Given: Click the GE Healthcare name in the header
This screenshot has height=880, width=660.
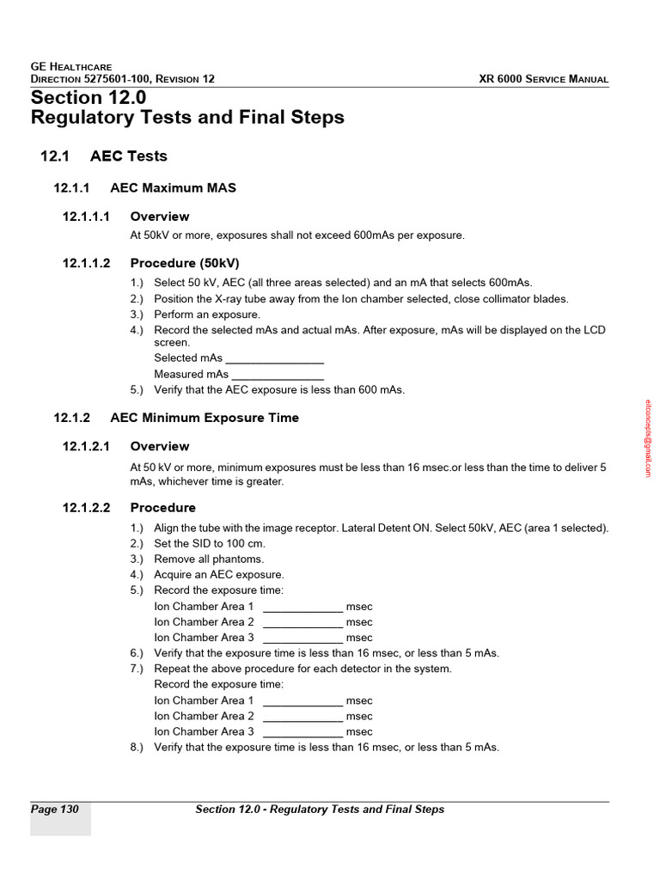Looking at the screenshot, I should [x=71, y=66].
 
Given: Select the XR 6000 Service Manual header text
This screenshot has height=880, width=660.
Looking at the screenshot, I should [x=543, y=79].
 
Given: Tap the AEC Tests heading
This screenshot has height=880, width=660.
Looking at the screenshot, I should [x=128, y=156].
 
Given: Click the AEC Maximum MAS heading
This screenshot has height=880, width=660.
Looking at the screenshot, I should [x=173, y=187].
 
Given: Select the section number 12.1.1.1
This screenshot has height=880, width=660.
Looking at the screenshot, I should [x=87, y=217].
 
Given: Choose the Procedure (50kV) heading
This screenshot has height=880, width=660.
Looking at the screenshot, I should [x=185, y=263].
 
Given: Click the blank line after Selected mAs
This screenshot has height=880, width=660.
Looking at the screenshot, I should [x=274, y=358].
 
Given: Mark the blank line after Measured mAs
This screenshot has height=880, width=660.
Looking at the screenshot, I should [x=278, y=375].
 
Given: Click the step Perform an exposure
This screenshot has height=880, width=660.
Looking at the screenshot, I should [x=206, y=315].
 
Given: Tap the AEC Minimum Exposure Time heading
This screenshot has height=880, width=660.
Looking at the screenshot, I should [x=205, y=418].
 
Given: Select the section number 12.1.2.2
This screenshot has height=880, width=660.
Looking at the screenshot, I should [x=87, y=508].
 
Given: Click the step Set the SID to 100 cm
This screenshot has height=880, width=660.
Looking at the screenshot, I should [x=210, y=544].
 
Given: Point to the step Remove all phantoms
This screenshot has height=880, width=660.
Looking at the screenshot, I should [x=209, y=559].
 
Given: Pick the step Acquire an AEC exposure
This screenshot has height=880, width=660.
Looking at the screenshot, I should [x=218, y=575].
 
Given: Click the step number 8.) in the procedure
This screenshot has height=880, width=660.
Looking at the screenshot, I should [x=137, y=748].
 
